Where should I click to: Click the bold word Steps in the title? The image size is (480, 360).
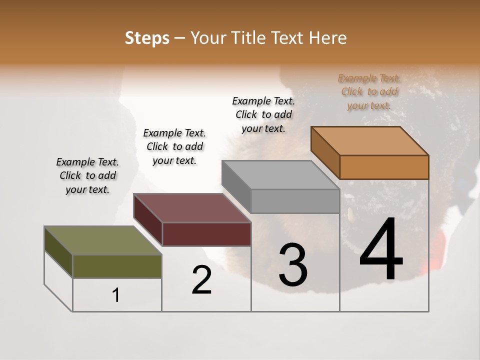[x=147, y=38]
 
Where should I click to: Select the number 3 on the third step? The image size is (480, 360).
[x=293, y=265]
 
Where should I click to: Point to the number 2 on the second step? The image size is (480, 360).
[x=201, y=280]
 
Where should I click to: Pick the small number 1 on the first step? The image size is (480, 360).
[x=116, y=295]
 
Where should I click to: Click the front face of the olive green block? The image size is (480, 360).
[x=117, y=266]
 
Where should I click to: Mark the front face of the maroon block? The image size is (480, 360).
[x=206, y=234]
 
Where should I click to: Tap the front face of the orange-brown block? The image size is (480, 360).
[x=384, y=167]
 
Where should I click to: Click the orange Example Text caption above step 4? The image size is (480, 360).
[x=369, y=92]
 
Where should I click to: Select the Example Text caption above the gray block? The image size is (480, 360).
[x=263, y=114]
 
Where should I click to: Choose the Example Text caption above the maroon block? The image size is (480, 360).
[x=174, y=146]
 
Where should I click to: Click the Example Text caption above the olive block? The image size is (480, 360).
[x=87, y=175]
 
